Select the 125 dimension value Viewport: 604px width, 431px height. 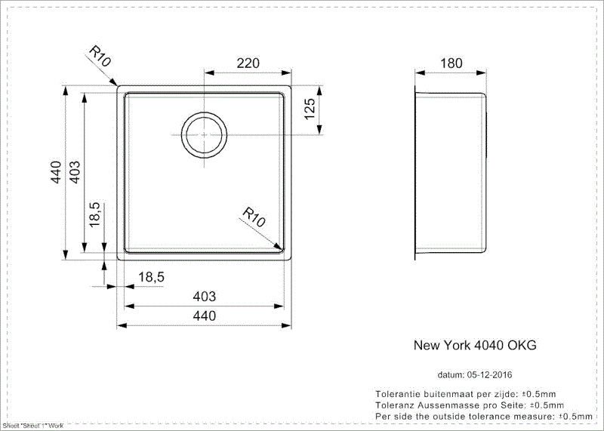pyautogui.click(x=309, y=111)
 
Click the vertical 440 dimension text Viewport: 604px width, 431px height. pyautogui.click(x=55, y=175)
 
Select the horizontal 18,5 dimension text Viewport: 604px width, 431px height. pyautogui.click(x=152, y=278)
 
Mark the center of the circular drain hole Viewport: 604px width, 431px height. pyautogui.click(x=202, y=134)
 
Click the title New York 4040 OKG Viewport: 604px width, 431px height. pyautogui.click(x=475, y=345)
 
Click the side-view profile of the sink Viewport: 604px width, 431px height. pyautogui.click(x=451, y=174)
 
